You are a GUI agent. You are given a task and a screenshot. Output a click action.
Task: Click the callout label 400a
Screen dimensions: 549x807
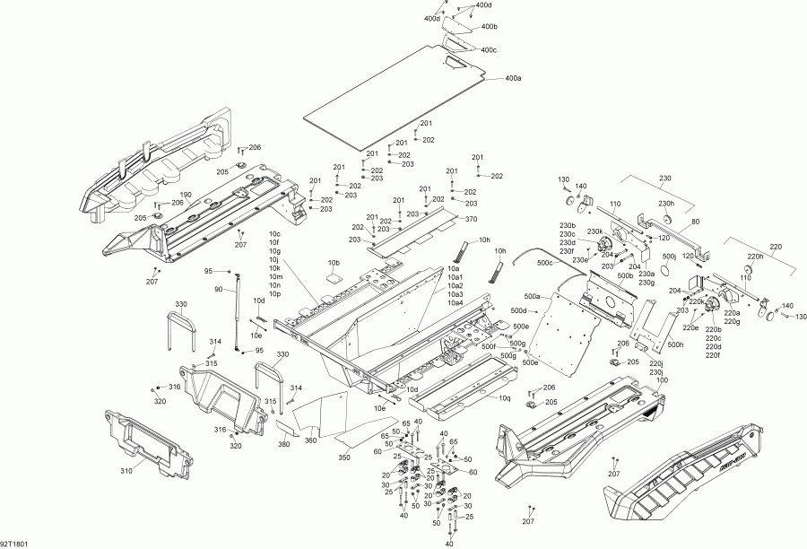tap(513, 79)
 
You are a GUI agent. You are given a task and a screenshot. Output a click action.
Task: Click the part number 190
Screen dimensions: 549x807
tap(186, 195)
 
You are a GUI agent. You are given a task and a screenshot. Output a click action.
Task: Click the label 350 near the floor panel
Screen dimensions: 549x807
tap(344, 457)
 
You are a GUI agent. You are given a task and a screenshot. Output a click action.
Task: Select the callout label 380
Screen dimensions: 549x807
tap(284, 444)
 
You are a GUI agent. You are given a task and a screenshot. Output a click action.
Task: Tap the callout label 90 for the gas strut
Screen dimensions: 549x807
tap(218, 289)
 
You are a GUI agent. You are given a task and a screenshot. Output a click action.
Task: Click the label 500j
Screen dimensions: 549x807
tap(668, 257)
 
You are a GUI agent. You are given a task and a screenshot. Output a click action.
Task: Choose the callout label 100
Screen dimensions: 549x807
tap(663, 380)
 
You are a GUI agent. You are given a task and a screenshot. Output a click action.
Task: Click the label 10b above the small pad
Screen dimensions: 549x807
tap(334, 263)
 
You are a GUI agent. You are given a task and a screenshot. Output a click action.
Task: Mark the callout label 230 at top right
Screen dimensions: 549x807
tap(664, 178)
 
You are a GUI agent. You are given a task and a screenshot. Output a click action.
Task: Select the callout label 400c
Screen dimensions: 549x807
tap(489, 49)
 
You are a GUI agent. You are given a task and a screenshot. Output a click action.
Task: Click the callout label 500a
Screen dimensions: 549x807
tap(532, 296)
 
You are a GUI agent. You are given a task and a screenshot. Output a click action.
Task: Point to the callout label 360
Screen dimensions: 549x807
tap(311, 440)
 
